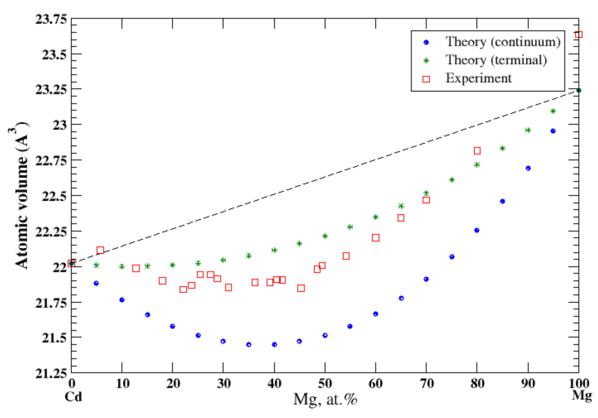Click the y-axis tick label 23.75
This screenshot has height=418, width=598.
(x=51, y=19)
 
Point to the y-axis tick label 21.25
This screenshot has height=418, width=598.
(x=51, y=373)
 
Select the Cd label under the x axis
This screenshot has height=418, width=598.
(x=73, y=397)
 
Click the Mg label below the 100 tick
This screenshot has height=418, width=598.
(x=582, y=395)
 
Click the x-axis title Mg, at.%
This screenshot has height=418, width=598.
(x=325, y=399)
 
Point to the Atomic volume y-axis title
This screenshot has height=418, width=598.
(x=21, y=196)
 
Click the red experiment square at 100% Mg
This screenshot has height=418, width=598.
(x=579, y=35)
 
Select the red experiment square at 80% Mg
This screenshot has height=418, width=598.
(x=477, y=151)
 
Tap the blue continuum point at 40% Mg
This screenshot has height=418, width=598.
(x=274, y=345)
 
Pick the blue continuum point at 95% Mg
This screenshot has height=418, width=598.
(x=553, y=131)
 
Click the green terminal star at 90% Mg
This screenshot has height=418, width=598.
(x=528, y=130)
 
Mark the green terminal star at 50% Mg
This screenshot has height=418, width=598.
(x=325, y=236)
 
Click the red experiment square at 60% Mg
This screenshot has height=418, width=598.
(x=376, y=238)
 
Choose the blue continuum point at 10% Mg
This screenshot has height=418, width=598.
(x=122, y=300)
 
